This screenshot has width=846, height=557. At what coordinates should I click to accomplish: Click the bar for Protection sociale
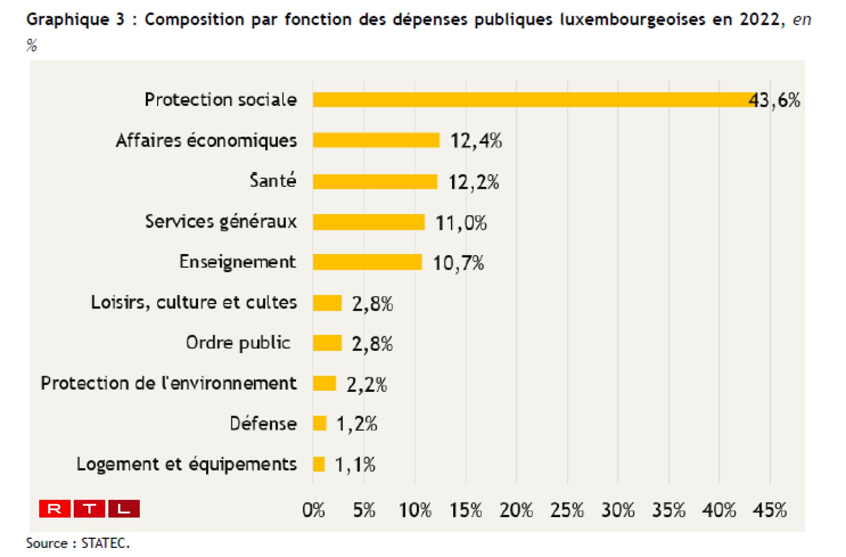(533, 100)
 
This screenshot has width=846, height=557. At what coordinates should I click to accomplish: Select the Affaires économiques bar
(376, 140)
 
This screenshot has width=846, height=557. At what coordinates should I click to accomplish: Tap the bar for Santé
(375, 181)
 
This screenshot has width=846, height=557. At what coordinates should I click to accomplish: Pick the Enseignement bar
(367, 262)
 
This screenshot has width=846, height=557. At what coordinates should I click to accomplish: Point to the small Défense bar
(320, 424)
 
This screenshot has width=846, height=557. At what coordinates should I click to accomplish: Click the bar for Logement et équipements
(319, 464)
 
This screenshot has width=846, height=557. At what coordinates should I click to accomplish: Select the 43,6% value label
(775, 100)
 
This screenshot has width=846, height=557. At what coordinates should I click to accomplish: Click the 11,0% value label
(461, 223)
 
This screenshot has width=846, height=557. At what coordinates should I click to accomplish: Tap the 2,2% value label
(366, 385)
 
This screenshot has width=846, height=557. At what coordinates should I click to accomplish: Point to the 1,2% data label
(357, 424)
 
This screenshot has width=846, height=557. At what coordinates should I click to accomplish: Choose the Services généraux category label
(221, 221)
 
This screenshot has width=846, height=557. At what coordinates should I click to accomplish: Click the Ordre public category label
(238, 342)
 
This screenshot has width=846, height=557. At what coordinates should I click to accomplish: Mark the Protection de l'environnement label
(168, 383)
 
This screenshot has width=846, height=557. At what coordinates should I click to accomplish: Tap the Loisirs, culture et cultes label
(194, 302)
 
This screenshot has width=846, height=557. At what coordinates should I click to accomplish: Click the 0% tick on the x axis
(313, 510)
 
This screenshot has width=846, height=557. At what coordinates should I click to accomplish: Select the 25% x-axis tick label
(567, 510)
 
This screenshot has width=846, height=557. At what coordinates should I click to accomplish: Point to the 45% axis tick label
(770, 510)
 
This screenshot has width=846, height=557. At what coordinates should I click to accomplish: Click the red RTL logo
(89, 509)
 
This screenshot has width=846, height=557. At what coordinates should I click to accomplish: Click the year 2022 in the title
(759, 19)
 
